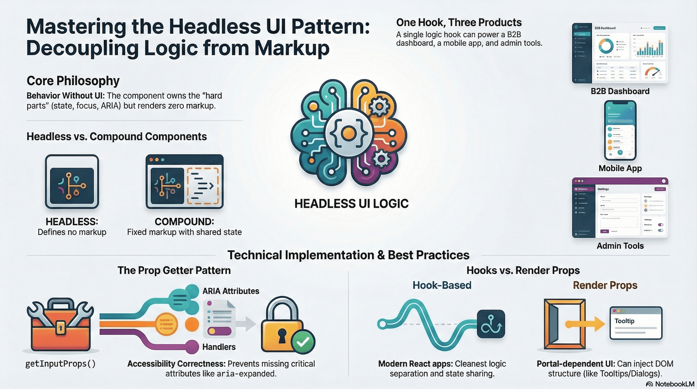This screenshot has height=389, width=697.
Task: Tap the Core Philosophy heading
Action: [x=73, y=81]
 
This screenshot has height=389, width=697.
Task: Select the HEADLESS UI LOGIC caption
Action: [x=351, y=204]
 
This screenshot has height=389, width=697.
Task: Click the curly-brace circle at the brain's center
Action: [x=348, y=133]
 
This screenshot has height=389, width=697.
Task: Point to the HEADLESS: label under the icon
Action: [x=72, y=222]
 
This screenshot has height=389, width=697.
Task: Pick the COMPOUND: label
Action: [x=184, y=222]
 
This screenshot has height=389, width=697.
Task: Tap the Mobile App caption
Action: [x=620, y=168]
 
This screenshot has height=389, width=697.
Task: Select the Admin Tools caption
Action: [x=620, y=246]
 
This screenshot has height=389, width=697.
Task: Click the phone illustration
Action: [x=620, y=130]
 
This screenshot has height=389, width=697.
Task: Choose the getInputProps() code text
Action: [x=61, y=364]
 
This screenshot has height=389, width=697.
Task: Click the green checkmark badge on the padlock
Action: [x=303, y=342]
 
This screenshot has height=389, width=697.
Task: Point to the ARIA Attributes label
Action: [x=230, y=291]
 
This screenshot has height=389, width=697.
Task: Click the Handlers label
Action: [x=219, y=347]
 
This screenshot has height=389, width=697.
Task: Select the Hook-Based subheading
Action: [x=442, y=285]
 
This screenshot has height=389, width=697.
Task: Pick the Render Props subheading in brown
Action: [x=605, y=285]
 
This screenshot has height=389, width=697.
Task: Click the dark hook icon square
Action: [x=491, y=324]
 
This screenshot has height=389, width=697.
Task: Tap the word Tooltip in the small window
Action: [x=624, y=321]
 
